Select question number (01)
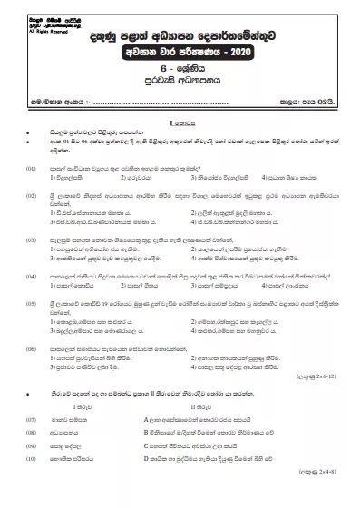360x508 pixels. (30, 168)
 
